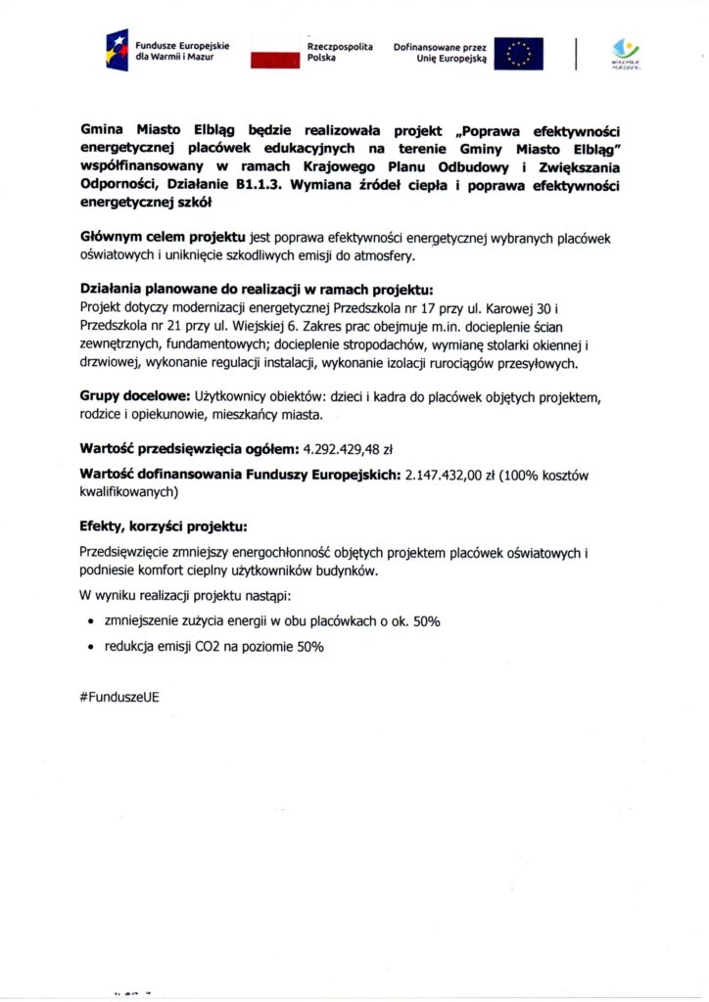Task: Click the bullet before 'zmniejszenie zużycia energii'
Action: pyautogui.click(x=91, y=621)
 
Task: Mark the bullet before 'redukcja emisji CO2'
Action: pyautogui.click(x=91, y=647)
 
